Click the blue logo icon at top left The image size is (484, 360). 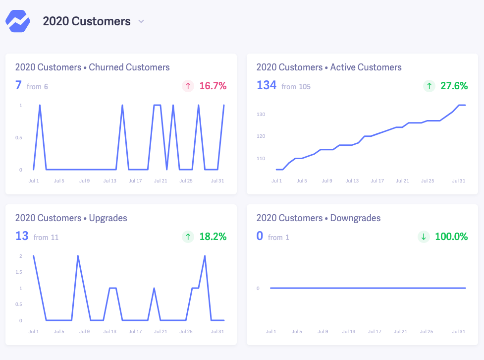tap(18, 21)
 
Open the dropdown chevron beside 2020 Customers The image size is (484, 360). tap(141, 21)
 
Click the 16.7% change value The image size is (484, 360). tap(213, 86)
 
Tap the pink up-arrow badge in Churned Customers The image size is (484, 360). tap(188, 86)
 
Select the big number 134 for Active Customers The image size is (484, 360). tap(267, 85)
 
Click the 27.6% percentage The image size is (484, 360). tap(454, 86)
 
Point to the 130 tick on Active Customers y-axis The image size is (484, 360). tap(261, 115)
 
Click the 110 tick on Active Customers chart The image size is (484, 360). tap(261, 159)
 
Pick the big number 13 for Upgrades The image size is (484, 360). tap(22, 236)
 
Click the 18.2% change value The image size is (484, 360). tap(213, 237)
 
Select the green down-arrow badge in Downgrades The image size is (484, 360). tap(424, 237)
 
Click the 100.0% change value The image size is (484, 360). tap(451, 237)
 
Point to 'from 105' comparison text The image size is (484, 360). tap(296, 87)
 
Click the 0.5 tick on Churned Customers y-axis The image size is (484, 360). tap(18, 138)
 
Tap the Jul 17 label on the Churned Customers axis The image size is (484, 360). tap(135, 181)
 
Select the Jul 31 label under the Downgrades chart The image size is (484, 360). tap(459, 332)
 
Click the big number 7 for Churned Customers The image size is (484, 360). tap(18, 85)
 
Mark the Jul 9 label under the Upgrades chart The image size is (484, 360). tap(85, 332)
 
